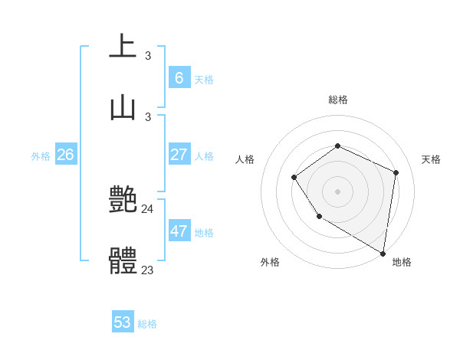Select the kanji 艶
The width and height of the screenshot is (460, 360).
[123, 200]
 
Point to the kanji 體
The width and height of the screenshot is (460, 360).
[123, 261]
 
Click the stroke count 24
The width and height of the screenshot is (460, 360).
[148, 208]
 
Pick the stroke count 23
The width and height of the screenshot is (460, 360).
[148, 270]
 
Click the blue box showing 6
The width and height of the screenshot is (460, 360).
[179, 77]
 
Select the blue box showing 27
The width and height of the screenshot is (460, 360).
[179, 155]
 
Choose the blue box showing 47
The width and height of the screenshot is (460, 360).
[179, 231]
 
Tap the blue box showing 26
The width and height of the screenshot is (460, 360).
[65, 155]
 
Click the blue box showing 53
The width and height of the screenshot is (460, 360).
[123, 322]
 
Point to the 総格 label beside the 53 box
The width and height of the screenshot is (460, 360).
[147, 324]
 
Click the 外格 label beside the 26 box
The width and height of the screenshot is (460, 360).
[41, 156]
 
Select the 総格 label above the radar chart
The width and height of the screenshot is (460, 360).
[337, 100]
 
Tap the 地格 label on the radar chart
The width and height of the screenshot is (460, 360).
[402, 262]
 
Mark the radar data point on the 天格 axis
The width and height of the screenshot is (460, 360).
[396, 172]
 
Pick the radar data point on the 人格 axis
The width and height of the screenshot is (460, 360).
[294, 178]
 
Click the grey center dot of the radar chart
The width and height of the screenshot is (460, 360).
[337, 191]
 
